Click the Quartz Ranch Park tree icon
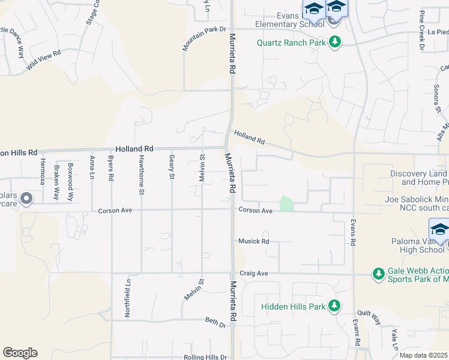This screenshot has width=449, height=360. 334,42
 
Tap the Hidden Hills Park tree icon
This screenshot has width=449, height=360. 334,306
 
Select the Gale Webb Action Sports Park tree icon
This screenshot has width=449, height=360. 378,274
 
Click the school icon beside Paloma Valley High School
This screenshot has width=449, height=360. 439,230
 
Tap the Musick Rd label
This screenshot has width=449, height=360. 253,241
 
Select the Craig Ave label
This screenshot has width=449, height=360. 253,273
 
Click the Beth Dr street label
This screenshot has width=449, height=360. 215,323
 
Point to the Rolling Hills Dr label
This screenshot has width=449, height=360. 205,356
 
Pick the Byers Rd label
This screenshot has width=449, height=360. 110,169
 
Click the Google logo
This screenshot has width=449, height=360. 20,353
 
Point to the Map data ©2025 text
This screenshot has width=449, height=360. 423,355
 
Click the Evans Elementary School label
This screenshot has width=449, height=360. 289,20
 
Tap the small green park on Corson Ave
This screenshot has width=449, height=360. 286,204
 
